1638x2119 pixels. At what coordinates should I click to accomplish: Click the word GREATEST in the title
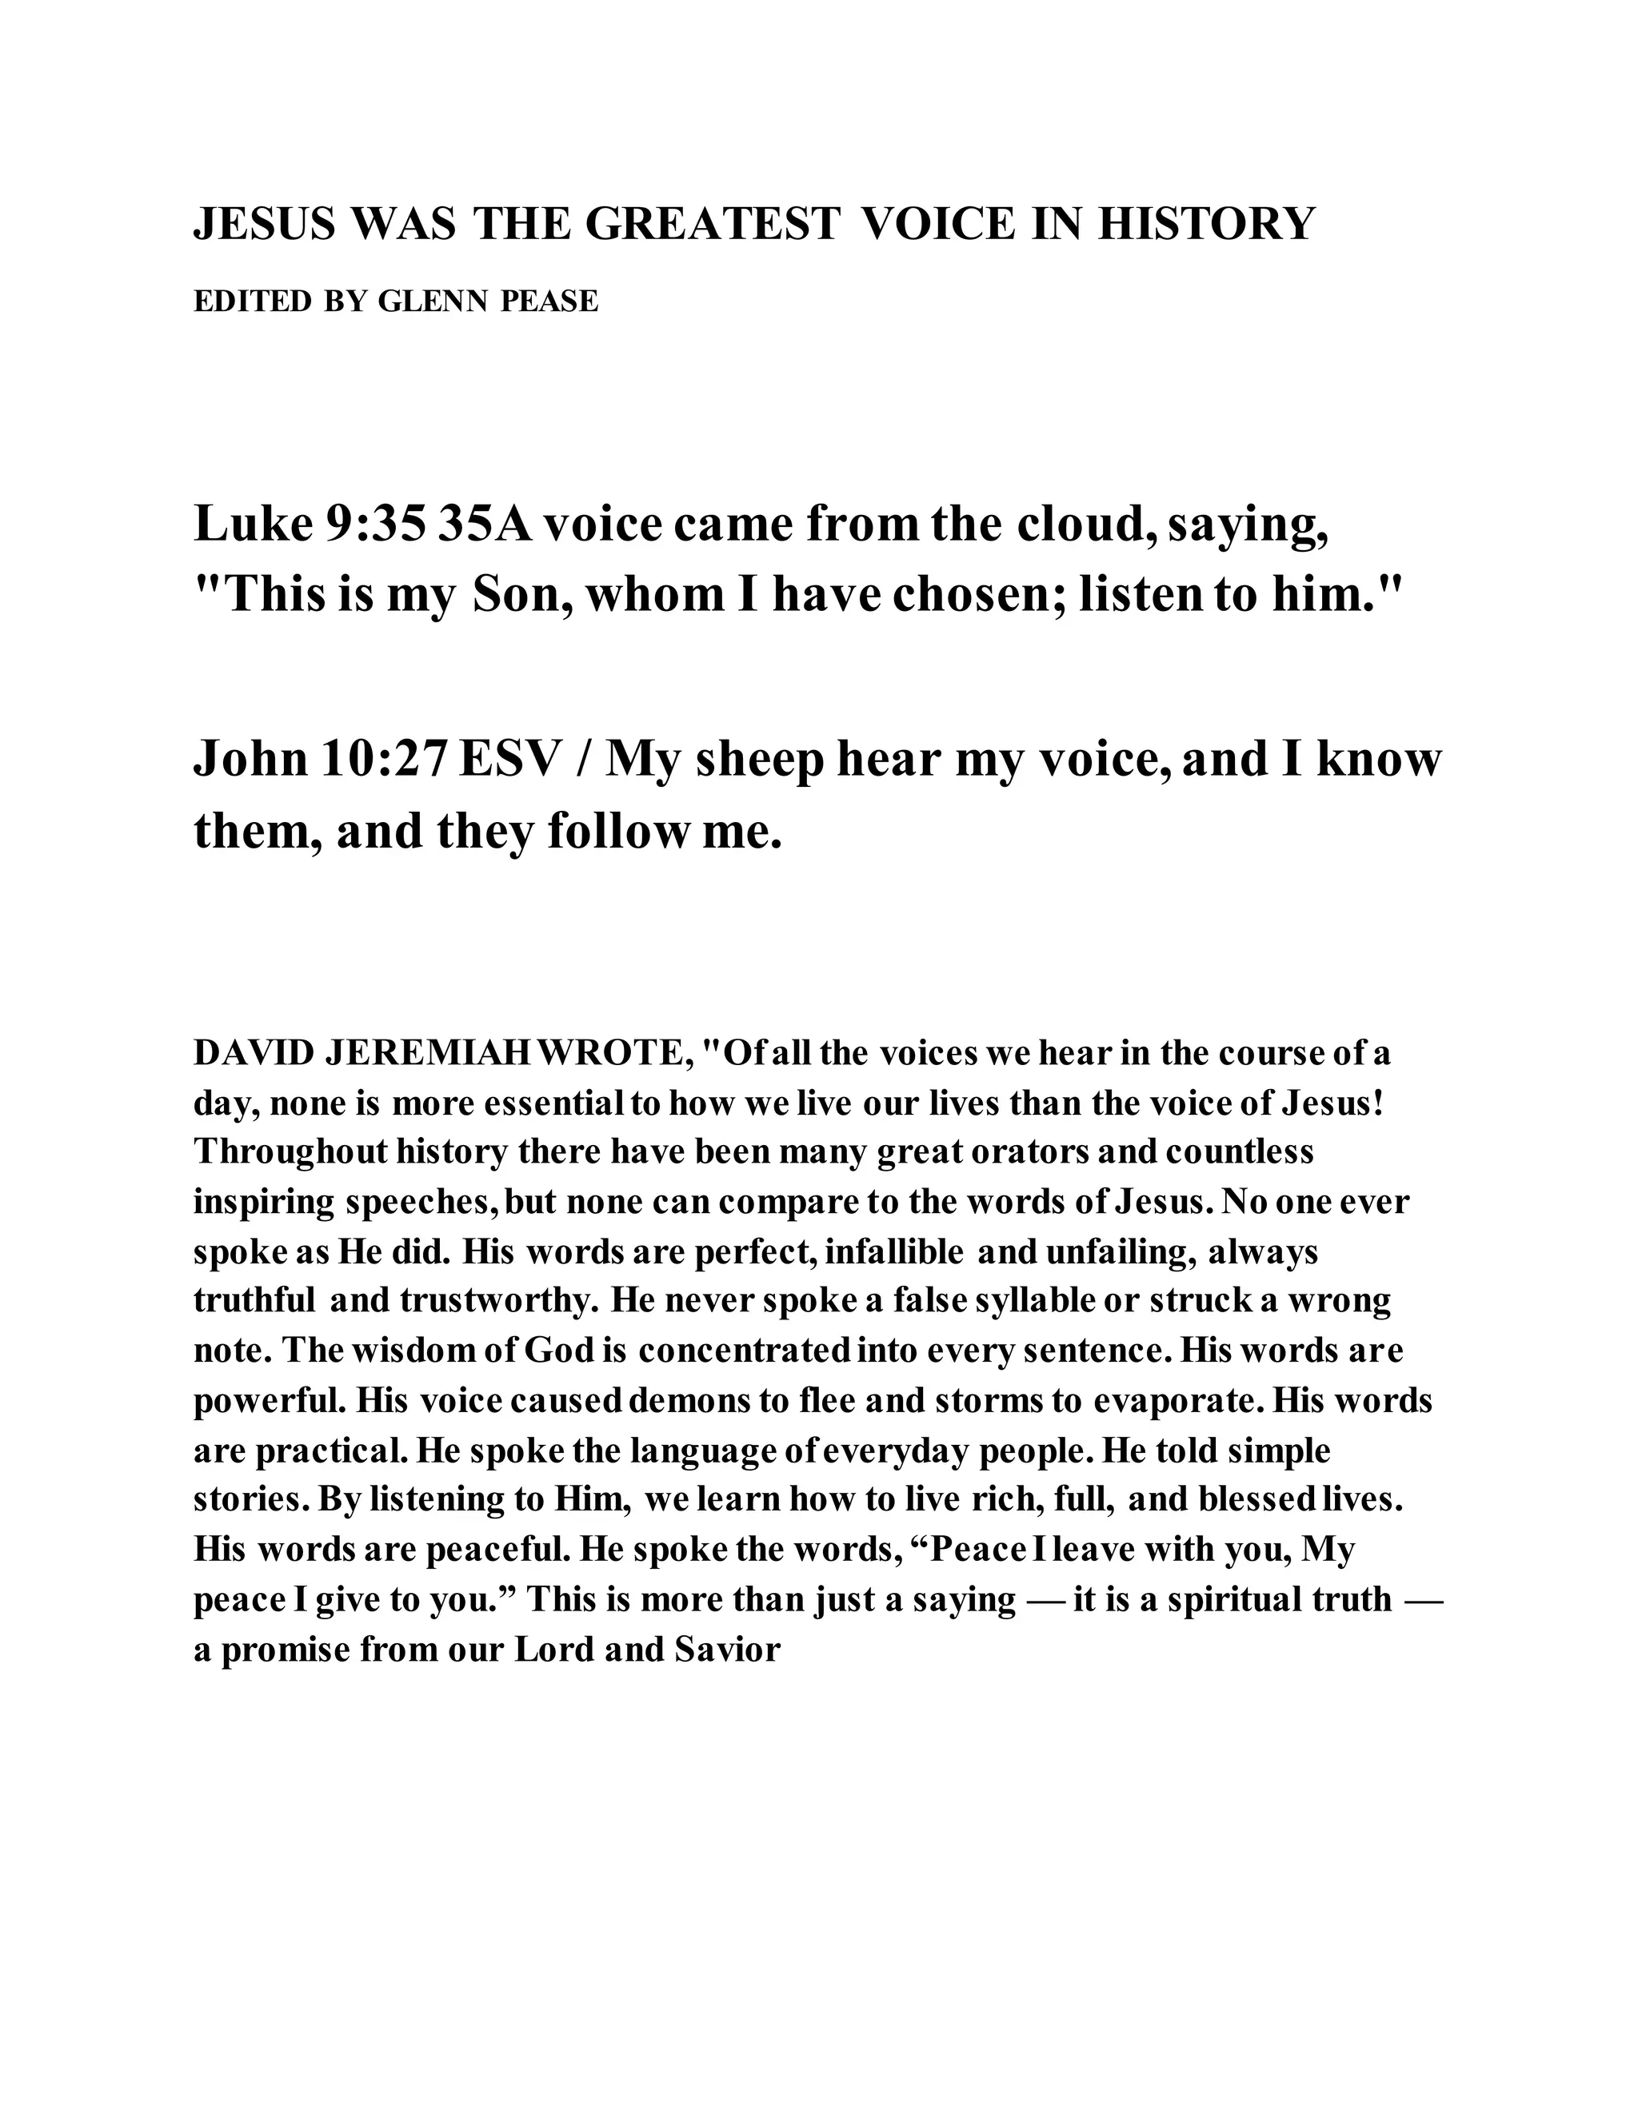click(713, 224)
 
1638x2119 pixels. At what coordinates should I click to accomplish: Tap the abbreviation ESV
click(510, 759)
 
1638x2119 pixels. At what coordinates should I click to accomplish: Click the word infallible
click(892, 1252)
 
